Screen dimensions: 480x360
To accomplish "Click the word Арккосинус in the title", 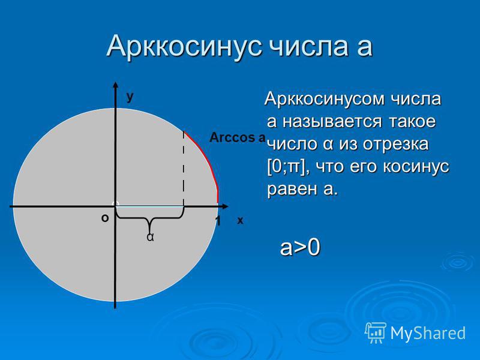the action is pos(184,47).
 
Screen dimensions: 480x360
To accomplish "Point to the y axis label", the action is pos(130,97).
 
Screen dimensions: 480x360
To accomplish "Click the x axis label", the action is pos(240,220).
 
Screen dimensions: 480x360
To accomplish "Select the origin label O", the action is pos(105,218).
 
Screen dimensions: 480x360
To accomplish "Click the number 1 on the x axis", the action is pos(218,221).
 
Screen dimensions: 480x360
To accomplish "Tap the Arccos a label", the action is pos(238,138).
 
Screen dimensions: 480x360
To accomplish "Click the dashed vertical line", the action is pos(184,169).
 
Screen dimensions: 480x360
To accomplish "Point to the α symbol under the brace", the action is pos(150,237).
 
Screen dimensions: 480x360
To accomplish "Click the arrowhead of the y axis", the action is pos(115,85).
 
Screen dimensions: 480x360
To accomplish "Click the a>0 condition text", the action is pos(300,247).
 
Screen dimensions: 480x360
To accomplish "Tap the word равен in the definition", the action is pos(292,190).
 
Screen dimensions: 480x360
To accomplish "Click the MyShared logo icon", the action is pos(376,333).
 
